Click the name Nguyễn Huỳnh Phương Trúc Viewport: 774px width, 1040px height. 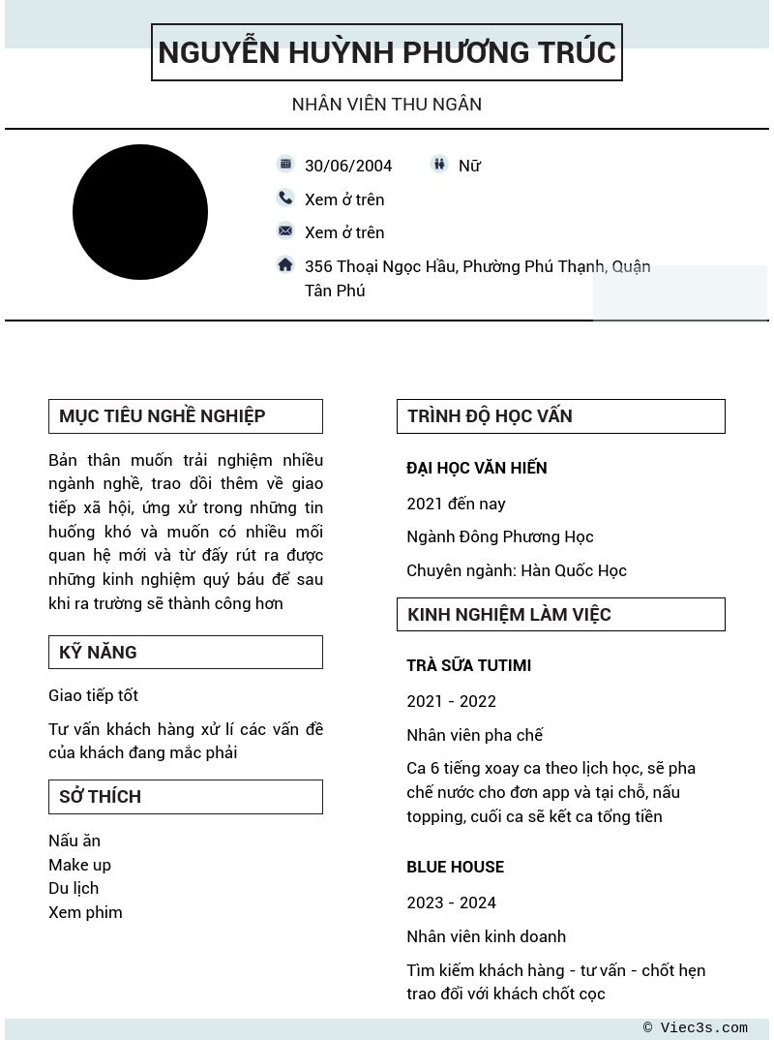387,52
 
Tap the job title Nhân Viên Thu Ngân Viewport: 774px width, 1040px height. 387,104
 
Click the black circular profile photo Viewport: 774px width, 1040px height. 140,212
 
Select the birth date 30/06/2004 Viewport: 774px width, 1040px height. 348,166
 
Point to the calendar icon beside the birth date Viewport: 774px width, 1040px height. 285,165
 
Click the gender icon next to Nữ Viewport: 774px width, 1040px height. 439,165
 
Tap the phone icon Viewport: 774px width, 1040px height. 285,199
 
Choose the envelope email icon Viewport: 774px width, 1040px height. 285,231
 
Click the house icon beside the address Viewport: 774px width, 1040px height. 285,264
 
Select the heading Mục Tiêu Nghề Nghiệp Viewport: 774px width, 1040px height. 163,416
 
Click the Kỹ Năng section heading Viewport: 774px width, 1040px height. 98,652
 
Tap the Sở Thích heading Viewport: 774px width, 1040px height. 101,797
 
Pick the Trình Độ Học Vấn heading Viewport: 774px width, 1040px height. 490,416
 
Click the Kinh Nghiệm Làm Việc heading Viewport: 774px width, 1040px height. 509,614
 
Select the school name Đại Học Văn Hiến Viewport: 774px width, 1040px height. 477,468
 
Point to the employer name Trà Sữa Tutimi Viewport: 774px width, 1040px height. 468,665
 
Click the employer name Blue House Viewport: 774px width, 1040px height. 455,867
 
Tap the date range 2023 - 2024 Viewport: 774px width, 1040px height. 451,902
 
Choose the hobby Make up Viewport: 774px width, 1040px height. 79,865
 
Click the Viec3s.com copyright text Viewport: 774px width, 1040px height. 696,1028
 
